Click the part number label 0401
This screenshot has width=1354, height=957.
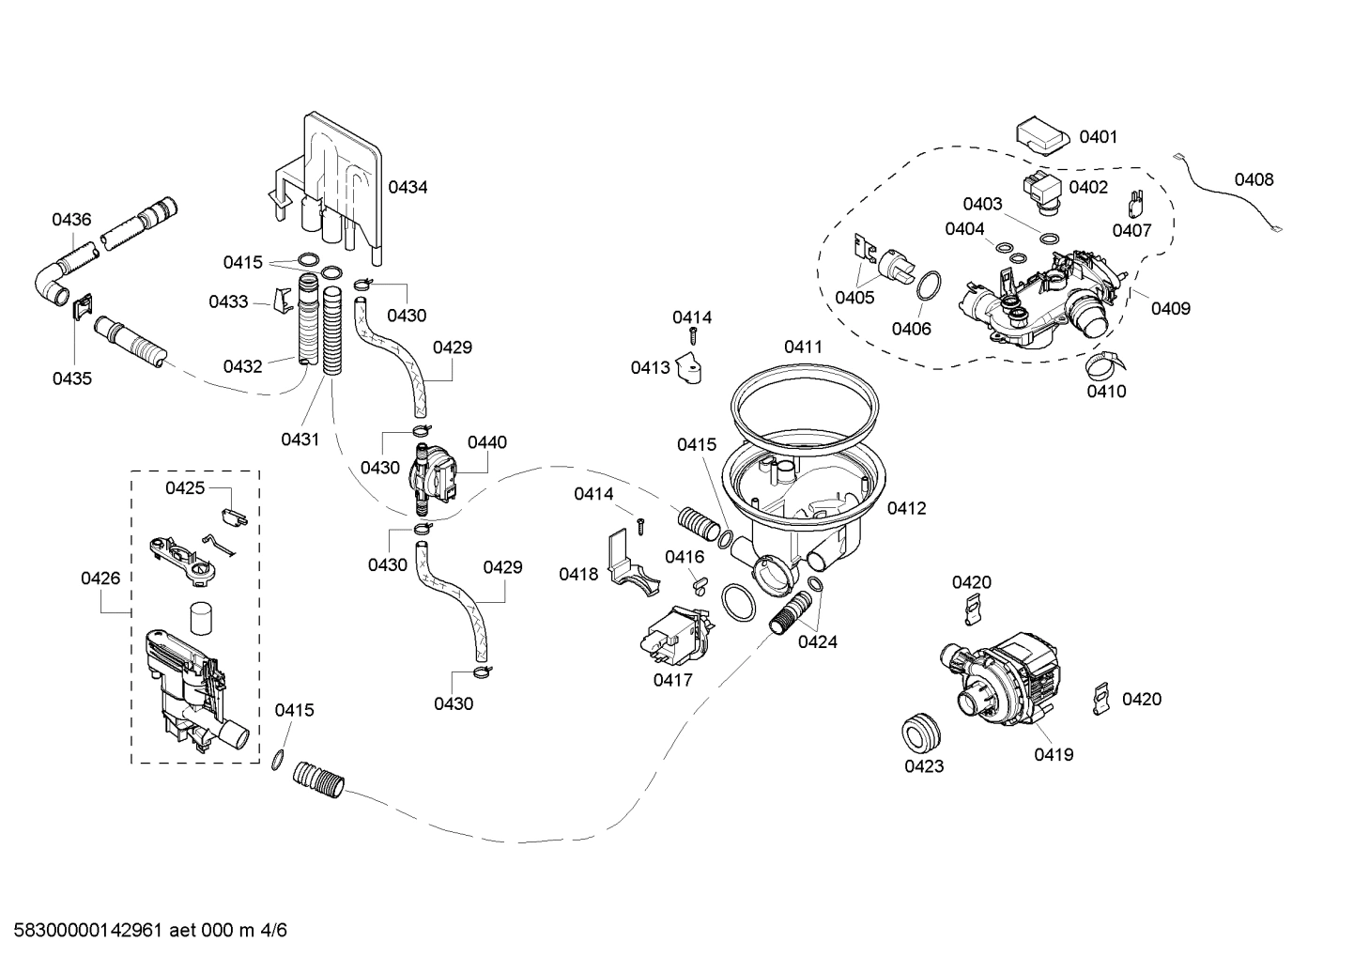[1098, 137]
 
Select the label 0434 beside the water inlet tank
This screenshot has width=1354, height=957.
[408, 187]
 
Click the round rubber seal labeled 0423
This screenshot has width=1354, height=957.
[921, 733]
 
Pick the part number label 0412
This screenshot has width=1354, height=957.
[906, 508]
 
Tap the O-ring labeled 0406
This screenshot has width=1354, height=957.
[928, 286]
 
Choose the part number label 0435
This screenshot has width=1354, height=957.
[71, 378]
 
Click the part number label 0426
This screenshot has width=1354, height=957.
[100, 578]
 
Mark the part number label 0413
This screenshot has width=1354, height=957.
[650, 367]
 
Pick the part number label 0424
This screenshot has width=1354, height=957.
[817, 642]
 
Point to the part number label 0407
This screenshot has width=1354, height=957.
[1131, 230]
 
